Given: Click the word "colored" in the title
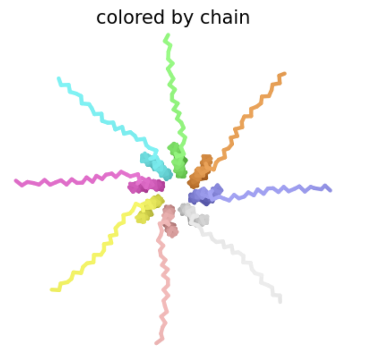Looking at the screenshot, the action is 130,18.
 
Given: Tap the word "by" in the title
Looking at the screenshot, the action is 182,18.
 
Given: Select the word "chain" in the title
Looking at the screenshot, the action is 225,17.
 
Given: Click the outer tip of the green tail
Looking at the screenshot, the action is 168,35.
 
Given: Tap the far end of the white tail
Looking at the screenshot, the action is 280,302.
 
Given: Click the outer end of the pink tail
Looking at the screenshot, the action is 156,343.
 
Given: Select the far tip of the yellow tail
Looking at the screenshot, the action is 52,289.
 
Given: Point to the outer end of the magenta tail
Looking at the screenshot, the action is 15,180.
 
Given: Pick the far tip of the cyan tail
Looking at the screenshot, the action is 59,78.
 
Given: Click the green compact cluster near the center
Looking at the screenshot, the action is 178,161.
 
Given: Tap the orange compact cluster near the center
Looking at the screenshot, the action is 201,172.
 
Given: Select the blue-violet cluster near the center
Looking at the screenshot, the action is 205,194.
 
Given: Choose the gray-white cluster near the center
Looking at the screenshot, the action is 193,214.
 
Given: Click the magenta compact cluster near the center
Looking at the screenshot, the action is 146,185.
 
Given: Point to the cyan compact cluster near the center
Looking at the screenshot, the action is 157,166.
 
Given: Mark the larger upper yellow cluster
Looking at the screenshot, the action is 154,202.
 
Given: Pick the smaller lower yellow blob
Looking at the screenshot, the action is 144,216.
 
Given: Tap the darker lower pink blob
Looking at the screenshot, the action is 172,230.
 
